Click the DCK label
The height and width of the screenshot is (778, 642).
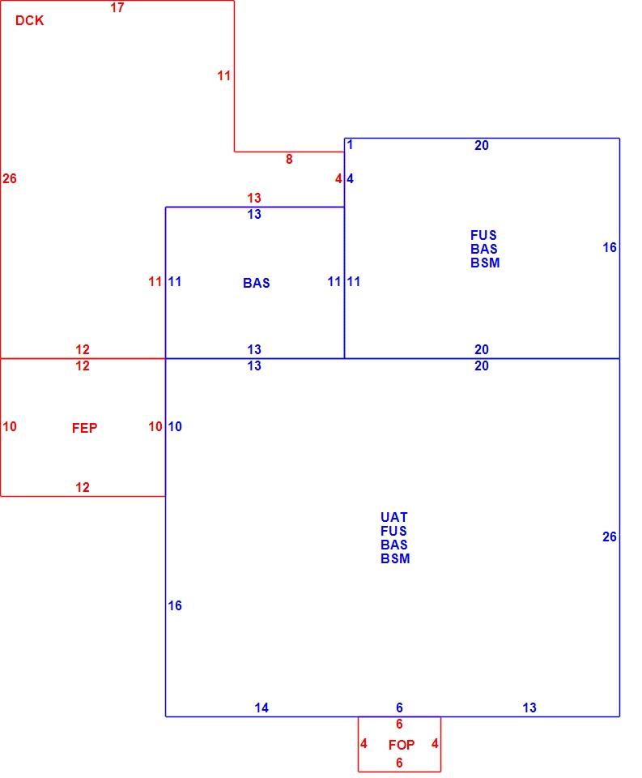(29, 20)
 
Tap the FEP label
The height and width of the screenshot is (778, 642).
(84, 428)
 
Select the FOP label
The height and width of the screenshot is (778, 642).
(402, 745)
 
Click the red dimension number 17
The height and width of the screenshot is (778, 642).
(117, 7)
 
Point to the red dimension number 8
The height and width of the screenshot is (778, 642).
(289, 160)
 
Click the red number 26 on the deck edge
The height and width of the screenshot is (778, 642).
(10, 178)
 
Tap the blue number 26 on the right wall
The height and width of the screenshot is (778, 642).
(610, 536)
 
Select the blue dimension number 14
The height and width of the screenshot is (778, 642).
(261, 707)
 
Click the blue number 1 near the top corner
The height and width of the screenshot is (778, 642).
(350, 145)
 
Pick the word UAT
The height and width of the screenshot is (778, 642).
(393, 517)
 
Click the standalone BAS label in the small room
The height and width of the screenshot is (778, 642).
(257, 283)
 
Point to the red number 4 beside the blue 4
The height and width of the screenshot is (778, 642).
(338, 178)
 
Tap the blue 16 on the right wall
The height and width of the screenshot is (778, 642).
(610, 247)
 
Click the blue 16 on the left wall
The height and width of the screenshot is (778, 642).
(175, 605)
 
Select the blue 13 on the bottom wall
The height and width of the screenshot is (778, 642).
(529, 707)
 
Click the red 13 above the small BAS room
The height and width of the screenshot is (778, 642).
(254, 198)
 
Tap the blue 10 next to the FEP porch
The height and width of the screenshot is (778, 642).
(175, 426)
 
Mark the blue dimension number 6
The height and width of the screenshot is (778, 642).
(399, 707)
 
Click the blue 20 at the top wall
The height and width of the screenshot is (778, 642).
(482, 145)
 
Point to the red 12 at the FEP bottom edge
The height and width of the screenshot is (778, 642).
(83, 487)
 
